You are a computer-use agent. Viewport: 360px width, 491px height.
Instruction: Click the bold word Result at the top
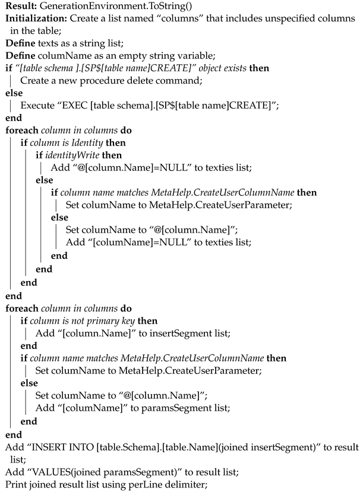pyautogui.click(x=20, y=7)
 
